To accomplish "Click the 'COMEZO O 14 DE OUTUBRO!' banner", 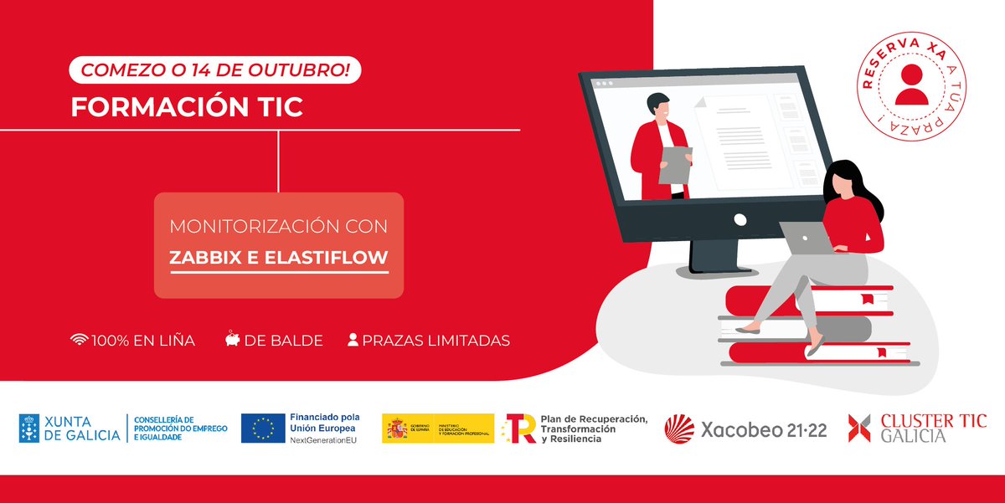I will coord(215,70).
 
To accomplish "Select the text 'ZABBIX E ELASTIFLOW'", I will coord(279,259).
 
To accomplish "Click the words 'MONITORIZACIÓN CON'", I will coord(279,227).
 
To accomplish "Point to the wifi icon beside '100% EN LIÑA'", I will coord(80,340).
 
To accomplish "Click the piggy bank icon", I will coord(232,340).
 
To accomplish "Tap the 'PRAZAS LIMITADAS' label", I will coord(435,341).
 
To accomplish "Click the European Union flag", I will coord(262,428).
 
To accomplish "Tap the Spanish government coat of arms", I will coord(396,429).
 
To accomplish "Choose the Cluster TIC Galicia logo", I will coord(916,428).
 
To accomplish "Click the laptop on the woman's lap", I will coord(806,238).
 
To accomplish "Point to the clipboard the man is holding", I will coord(675,164).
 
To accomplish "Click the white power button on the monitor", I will coord(740,219).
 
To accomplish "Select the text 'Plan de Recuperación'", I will coord(594,418).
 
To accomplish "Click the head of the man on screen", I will coord(657,106).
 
